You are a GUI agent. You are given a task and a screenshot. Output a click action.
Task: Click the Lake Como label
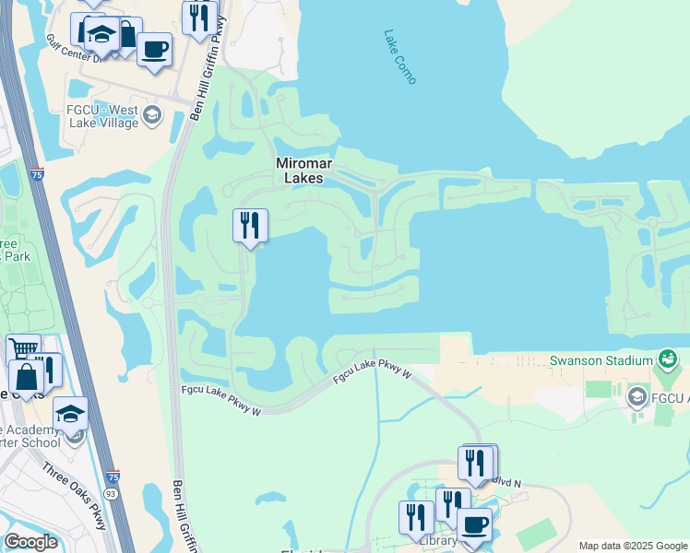[400, 57]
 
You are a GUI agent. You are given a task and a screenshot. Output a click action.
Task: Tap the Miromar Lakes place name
[304, 171]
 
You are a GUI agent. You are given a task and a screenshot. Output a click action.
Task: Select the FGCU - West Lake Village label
[101, 117]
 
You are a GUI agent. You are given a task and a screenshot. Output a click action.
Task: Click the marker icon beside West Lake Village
[152, 116]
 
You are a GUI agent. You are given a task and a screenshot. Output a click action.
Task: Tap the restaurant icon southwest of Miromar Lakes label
[250, 225]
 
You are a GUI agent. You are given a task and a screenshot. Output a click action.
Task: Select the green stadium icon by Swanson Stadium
[669, 359]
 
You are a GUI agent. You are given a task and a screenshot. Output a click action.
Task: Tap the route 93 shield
[110, 494]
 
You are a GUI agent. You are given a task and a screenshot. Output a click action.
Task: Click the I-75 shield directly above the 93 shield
[112, 477]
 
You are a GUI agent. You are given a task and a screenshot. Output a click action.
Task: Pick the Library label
[437, 540]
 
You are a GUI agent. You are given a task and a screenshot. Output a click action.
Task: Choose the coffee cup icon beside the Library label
[474, 524]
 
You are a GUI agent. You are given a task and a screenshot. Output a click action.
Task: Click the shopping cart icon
[23, 348]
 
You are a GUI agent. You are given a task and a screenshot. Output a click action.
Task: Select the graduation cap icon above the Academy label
[70, 413]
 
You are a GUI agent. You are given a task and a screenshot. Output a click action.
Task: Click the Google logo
[30, 542]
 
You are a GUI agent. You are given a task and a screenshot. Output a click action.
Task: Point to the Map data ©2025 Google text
[632, 546]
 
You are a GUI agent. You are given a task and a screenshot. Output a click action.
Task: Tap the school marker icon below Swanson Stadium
[636, 397]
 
